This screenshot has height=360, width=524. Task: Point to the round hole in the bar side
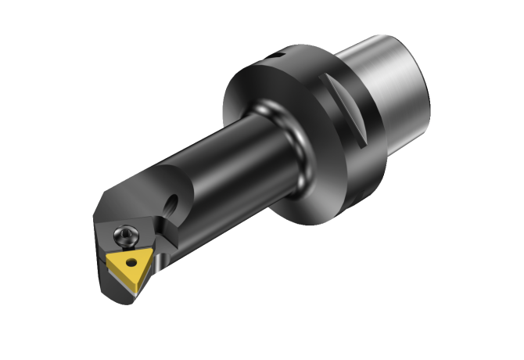coord(173,202)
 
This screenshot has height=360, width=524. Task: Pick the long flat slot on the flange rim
coord(344,110)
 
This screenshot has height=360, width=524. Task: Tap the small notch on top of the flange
coord(276,56)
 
